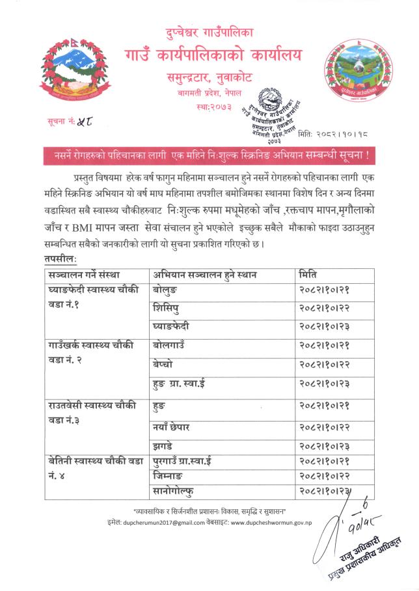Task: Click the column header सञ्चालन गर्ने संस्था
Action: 83,274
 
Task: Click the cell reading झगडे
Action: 163,446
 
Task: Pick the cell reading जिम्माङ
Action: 170,476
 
